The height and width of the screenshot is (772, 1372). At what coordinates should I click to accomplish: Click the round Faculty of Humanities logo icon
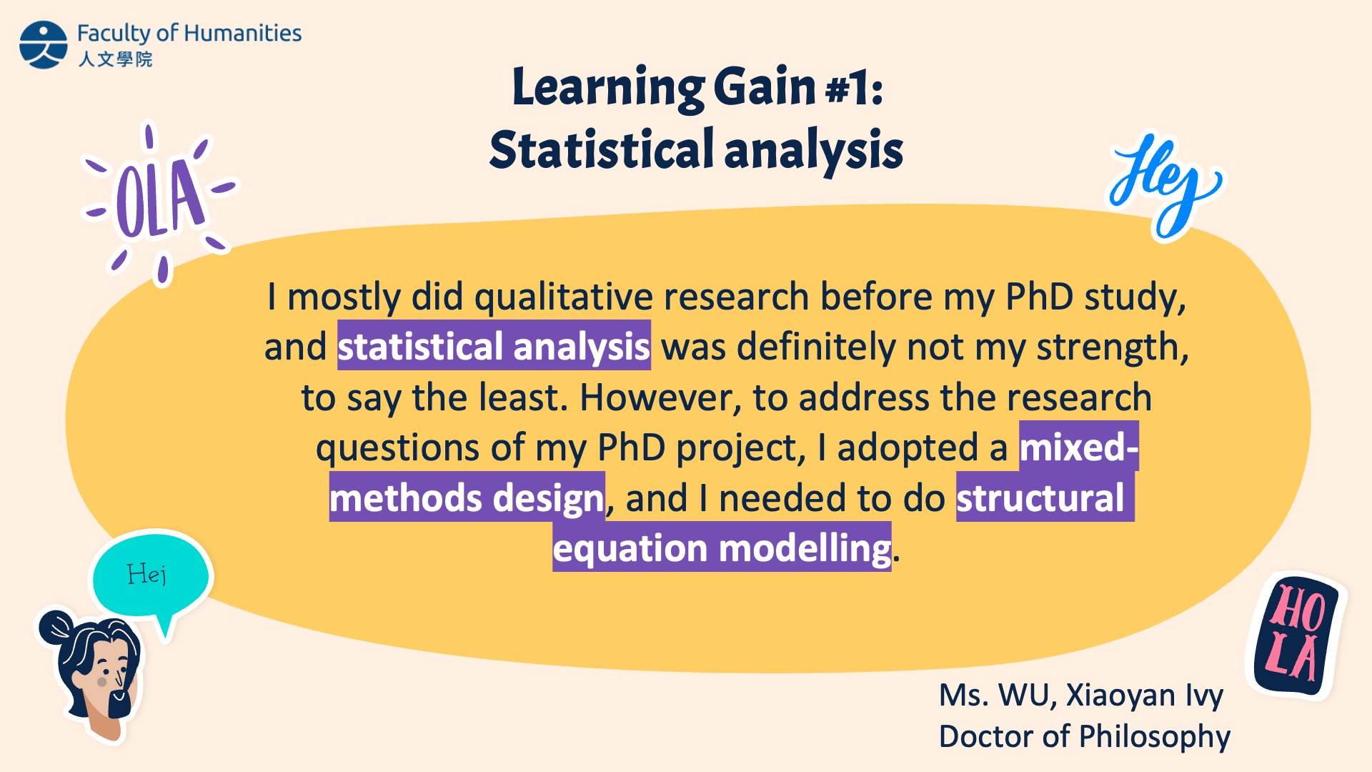(44, 44)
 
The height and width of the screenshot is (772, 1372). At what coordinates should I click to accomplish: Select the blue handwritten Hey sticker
(1165, 186)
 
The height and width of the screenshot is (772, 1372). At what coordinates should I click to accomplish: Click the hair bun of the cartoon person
(56, 627)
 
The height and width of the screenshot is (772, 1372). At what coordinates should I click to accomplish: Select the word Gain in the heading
(764, 86)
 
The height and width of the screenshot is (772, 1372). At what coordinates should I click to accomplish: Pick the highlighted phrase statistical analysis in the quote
(494, 346)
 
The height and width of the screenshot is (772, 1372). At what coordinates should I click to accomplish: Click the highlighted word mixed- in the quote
(1079, 447)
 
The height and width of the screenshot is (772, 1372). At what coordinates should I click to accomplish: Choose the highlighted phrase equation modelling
(722, 548)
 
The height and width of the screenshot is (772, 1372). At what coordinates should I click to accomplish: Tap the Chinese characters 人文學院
(115, 59)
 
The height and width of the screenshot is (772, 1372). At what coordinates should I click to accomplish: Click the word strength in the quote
(1113, 347)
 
